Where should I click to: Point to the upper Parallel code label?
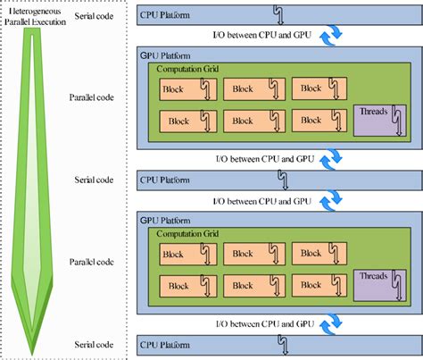point(93,97)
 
